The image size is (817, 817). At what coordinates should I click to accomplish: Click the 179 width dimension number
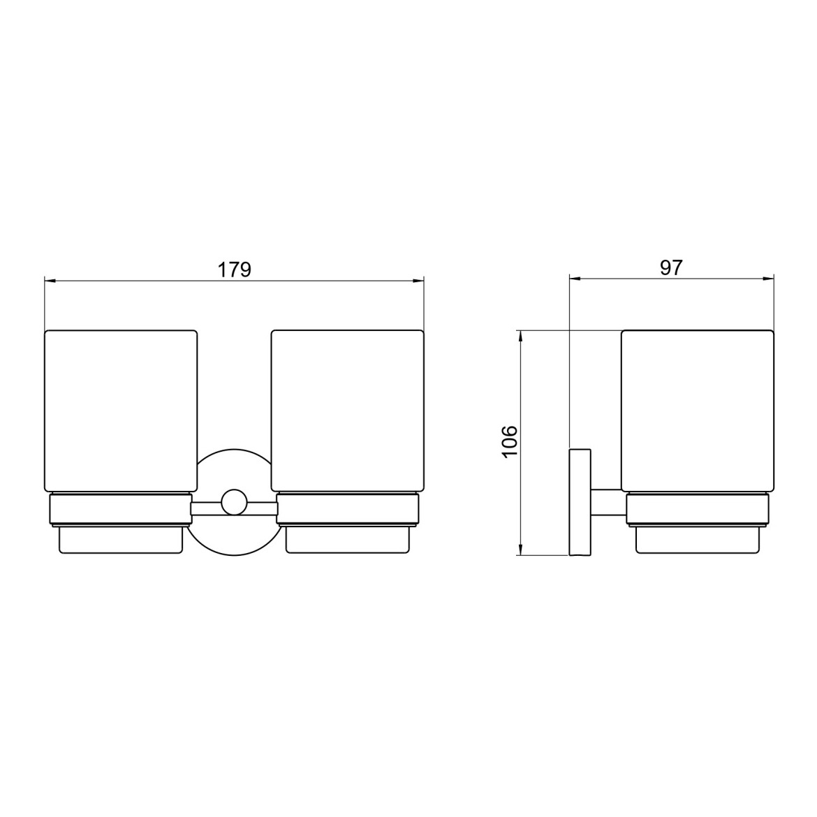pyautogui.click(x=235, y=270)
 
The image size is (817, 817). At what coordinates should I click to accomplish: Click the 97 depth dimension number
pyautogui.click(x=671, y=268)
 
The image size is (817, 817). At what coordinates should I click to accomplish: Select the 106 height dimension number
pyautogui.click(x=510, y=441)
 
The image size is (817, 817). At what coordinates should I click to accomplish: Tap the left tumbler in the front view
pyautogui.click(x=121, y=411)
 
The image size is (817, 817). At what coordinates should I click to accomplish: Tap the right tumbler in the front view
pyautogui.click(x=348, y=411)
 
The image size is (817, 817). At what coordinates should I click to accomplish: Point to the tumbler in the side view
pyautogui.click(x=698, y=411)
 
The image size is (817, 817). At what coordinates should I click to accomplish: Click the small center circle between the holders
pyautogui.click(x=234, y=503)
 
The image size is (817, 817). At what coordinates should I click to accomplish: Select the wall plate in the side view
pyautogui.click(x=580, y=502)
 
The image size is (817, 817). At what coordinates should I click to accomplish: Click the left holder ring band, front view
pyautogui.click(x=120, y=509)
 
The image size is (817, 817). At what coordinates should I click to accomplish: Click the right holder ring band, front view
pyautogui.click(x=348, y=509)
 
